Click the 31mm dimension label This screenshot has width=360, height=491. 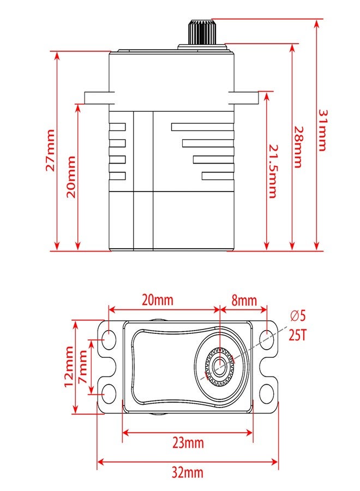click(x=322, y=130)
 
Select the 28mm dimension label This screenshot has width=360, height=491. click(x=298, y=147)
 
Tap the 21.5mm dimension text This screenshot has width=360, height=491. click(x=273, y=171)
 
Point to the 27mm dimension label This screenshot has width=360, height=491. click(x=51, y=151)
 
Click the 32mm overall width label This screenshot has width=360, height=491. click(x=187, y=472)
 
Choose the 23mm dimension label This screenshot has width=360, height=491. click(x=188, y=443)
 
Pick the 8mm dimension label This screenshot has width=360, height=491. click(x=244, y=301)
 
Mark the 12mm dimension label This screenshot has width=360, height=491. click(x=69, y=367)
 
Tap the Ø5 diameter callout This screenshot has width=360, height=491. click(x=297, y=316)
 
